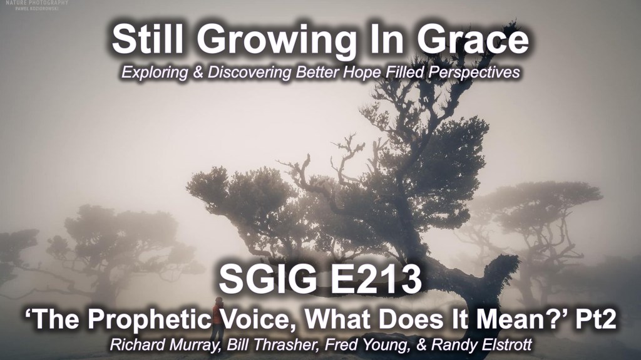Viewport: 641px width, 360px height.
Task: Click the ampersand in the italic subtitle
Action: [197, 73]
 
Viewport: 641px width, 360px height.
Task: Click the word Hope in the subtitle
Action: [364, 73]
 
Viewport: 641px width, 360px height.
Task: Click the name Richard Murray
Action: [164, 345]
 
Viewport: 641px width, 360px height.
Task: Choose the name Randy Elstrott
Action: [481, 344]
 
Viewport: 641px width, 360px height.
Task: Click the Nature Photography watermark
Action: [37, 4]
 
